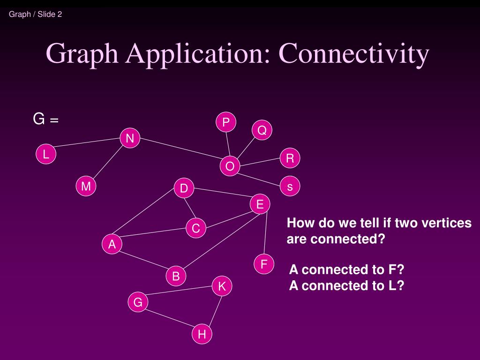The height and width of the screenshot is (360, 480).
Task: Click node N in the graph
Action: click(x=130, y=138)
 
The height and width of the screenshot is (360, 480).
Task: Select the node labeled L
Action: click(x=46, y=154)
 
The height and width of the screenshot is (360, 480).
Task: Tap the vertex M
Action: click(x=86, y=187)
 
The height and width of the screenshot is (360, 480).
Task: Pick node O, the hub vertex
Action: click(x=230, y=166)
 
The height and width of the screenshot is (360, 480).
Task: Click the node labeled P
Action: click(x=226, y=122)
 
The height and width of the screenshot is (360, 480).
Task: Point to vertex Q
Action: click(x=262, y=130)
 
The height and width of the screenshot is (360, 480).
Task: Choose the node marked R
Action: click(x=290, y=158)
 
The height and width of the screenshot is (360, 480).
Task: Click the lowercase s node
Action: click(x=290, y=187)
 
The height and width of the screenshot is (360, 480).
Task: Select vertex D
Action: click(x=184, y=189)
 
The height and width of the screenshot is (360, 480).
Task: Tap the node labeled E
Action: click(x=260, y=204)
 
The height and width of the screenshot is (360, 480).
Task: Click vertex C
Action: click(x=196, y=228)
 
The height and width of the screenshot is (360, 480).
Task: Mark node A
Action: click(x=112, y=244)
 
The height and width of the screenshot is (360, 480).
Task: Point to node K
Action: click(x=222, y=286)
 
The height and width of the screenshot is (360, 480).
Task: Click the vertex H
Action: click(x=202, y=334)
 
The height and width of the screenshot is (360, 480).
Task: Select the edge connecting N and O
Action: click(x=180, y=152)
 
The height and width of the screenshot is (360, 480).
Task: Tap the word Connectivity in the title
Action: click(x=355, y=53)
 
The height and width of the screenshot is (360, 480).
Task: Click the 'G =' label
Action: click(x=45, y=120)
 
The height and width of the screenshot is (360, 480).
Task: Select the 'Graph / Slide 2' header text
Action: click(x=36, y=14)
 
